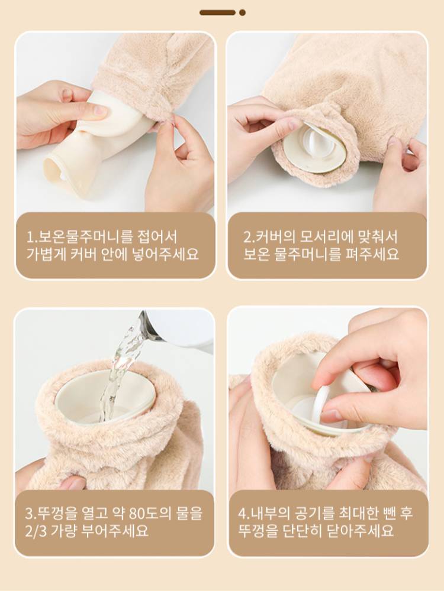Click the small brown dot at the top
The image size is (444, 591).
point(242,12)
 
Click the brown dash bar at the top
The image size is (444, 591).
point(217,12)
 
